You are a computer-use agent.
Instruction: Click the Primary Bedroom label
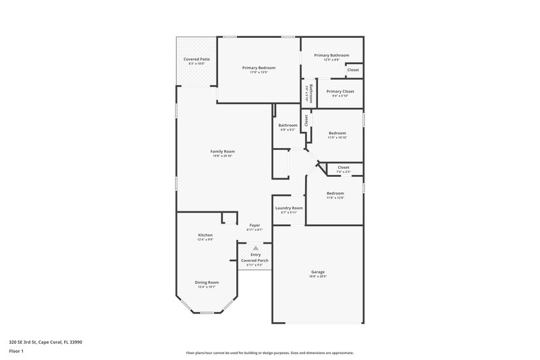(x=259, y=68)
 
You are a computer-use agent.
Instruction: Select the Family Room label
(x=223, y=151)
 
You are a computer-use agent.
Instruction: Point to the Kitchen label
(x=205, y=235)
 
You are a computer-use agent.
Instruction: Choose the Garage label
(x=317, y=272)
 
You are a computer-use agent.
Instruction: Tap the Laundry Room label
(x=288, y=208)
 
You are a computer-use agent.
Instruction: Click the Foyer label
(x=254, y=225)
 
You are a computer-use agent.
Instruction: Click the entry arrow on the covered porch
(x=255, y=247)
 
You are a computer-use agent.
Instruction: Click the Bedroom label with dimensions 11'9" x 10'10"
(x=337, y=133)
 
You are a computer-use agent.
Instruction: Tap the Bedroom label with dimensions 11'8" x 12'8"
(x=335, y=193)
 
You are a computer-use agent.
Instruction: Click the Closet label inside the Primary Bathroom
(x=353, y=70)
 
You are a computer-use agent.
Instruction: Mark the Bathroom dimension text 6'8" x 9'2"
(x=288, y=130)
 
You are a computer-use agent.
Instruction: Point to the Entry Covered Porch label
(x=255, y=257)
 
